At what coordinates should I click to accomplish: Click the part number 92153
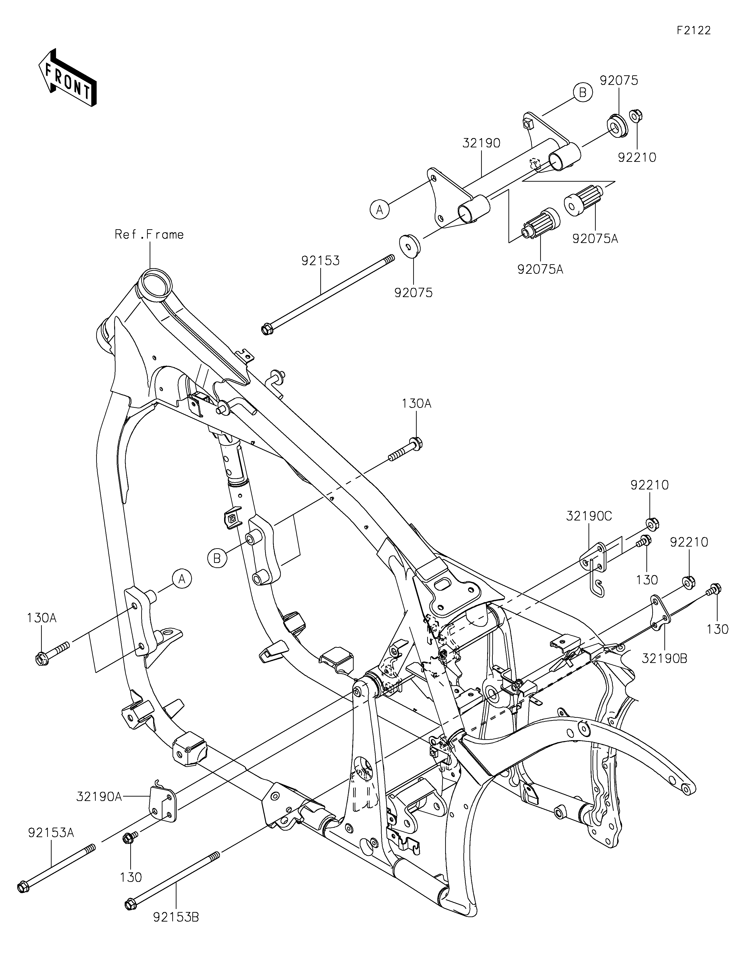click(x=321, y=261)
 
